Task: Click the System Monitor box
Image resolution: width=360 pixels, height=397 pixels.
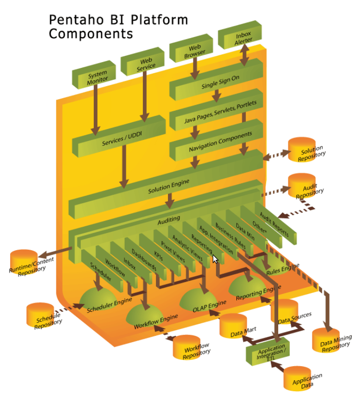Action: pyautogui.click(x=97, y=78)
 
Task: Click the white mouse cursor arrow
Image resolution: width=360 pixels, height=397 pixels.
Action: pyautogui.click(x=215, y=259)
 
